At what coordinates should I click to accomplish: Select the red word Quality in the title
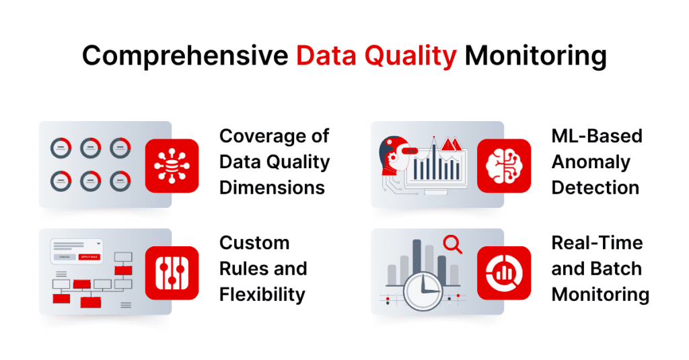click(x=409, y=57)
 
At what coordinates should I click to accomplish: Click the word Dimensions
click(x=272, y=187)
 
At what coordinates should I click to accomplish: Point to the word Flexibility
click(x=262, y=294)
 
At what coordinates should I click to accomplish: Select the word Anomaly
click(x=590, y=161)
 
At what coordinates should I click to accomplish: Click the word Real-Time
click(x=597, y=242)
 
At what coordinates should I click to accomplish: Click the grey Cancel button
click(x=65, y=256)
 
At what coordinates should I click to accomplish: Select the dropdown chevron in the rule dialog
click(x=99, y=242)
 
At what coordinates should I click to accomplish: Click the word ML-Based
click(x=597, y=136)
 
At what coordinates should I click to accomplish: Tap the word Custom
click(x=254, y=242)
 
